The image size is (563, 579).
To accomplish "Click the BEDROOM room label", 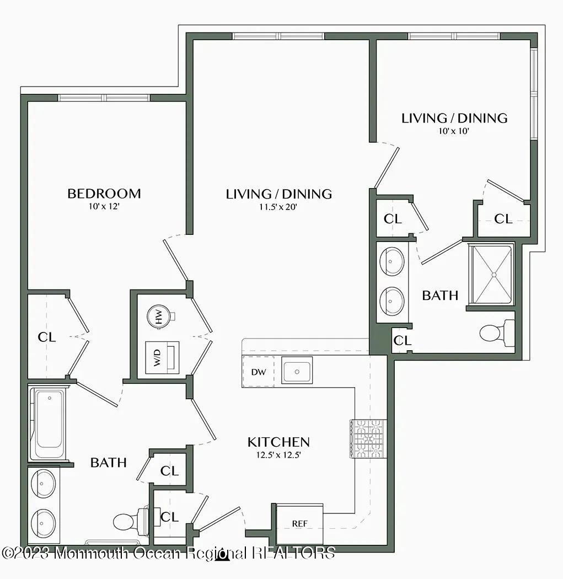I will pyautogui.click(x=104, y=194).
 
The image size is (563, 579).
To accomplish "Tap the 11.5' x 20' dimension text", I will pyautogui.click(x=278, y=207).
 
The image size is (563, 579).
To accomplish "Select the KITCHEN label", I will pyautogui.click(x=278, y=442).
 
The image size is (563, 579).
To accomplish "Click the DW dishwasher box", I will pyautogui.click(x=258, y=372).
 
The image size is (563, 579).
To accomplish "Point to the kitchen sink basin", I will pyautogui.click(x=297, y=371).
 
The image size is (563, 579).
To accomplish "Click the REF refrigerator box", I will pyautogui.click(x=299, y=523).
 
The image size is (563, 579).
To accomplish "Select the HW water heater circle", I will pyautogui.click(x=159, y=317).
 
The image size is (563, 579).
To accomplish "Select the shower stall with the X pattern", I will pyautogui.click(x=491, y=274).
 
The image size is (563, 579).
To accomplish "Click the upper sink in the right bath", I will pyautogui.click(x=393, y=260).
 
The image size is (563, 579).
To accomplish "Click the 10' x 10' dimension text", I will pyautogui.click(x=454, y=131).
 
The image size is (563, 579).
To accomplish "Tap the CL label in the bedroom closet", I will pyautogui.click(x=47, y=337).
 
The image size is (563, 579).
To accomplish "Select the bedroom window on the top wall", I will pyautogui.click(x=104, y=98).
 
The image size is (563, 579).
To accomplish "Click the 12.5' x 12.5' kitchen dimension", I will pyautogui.click(x=278, y=455).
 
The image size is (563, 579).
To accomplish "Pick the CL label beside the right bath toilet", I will pyautogui.click(x=402, y=341).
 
